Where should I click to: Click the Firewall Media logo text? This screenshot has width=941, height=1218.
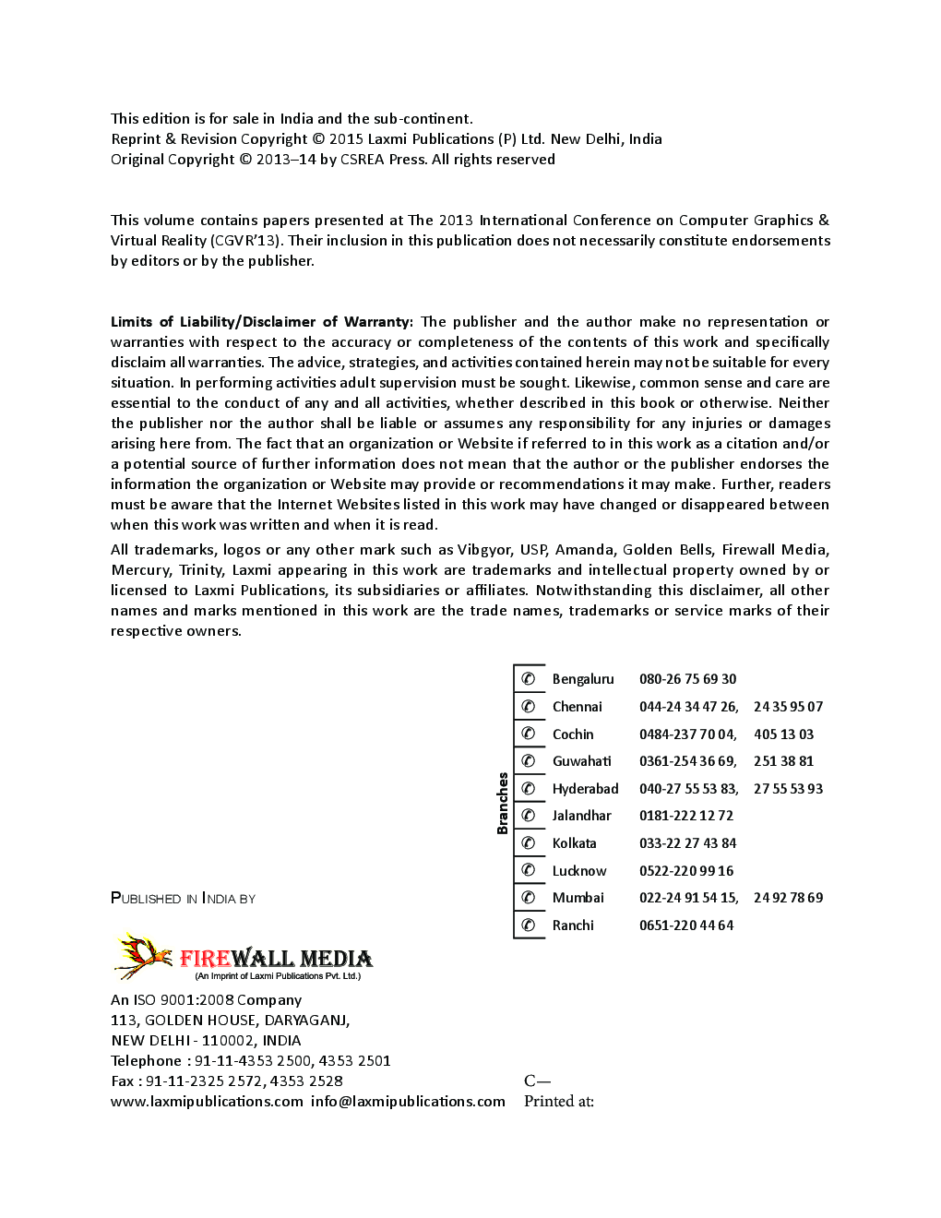point(276,959)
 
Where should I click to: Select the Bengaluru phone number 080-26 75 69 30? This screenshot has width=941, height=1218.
point(687,679)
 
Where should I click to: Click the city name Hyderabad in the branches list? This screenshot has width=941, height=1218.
point(585,789)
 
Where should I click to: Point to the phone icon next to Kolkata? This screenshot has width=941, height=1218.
point(529,842)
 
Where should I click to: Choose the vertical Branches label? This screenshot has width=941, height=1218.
point(503,803)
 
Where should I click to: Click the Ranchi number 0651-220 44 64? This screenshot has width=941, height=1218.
point(686,925)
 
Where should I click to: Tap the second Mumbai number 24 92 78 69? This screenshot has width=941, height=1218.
point(788,898)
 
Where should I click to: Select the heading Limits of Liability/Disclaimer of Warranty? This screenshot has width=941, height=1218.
point(261,322)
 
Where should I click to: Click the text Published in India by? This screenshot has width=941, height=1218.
point(183,899)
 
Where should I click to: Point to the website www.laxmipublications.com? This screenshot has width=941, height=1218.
point(207,1102)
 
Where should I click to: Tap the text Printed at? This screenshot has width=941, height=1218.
point(558,1102)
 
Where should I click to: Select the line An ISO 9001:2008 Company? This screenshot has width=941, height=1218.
point(206,1000)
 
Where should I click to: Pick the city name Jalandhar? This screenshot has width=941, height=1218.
point(581,816)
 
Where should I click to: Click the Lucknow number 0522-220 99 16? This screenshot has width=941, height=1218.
point(686,871)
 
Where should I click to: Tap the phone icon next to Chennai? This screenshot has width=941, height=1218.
point(529,707)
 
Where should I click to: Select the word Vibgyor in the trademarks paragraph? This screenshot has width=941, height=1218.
point(484,550)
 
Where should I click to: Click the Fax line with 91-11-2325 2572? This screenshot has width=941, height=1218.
point(226,1081)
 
